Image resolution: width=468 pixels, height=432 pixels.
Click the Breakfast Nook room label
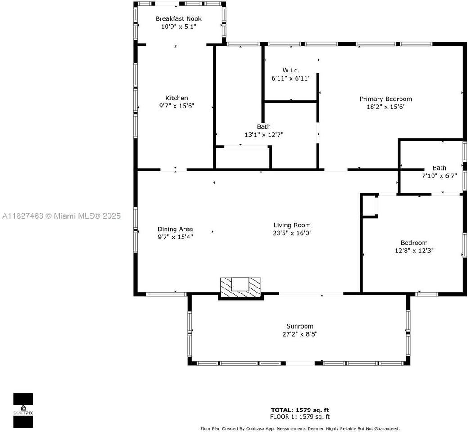[x=178, y=19]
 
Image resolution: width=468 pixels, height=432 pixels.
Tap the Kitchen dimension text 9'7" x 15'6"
[x=176, y=106]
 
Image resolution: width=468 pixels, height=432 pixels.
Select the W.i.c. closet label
[x=291, y=70]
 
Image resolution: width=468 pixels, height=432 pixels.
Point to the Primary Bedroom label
[x=386, y=99]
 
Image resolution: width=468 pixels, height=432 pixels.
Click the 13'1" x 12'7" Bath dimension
[x=264, y=135]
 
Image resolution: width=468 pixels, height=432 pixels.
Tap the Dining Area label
[x=175, y=229]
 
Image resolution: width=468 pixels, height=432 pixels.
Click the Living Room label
[x=292, y=225]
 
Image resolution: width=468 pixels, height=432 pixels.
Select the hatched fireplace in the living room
[x=241, y=287]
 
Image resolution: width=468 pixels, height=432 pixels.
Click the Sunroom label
[x=300, y=326]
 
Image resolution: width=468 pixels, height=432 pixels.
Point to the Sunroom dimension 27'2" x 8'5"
[x=300, y=334]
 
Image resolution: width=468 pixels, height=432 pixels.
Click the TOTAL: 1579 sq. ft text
[x=300, y=410]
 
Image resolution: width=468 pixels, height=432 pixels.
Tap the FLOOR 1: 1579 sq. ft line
[x=300, y=417]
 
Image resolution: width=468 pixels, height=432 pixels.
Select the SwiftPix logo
[x=23, y=410]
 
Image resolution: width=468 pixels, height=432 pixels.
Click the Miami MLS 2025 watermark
[x=62, y=216]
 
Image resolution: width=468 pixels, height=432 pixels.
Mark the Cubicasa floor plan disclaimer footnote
[x=300, y=429]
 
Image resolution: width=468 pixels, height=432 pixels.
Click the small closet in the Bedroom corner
[x=369, y=206]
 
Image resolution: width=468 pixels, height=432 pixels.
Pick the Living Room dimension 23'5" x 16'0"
[x=292, y=233]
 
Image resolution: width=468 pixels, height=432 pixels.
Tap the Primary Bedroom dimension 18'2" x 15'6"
[x=386, y=107]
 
